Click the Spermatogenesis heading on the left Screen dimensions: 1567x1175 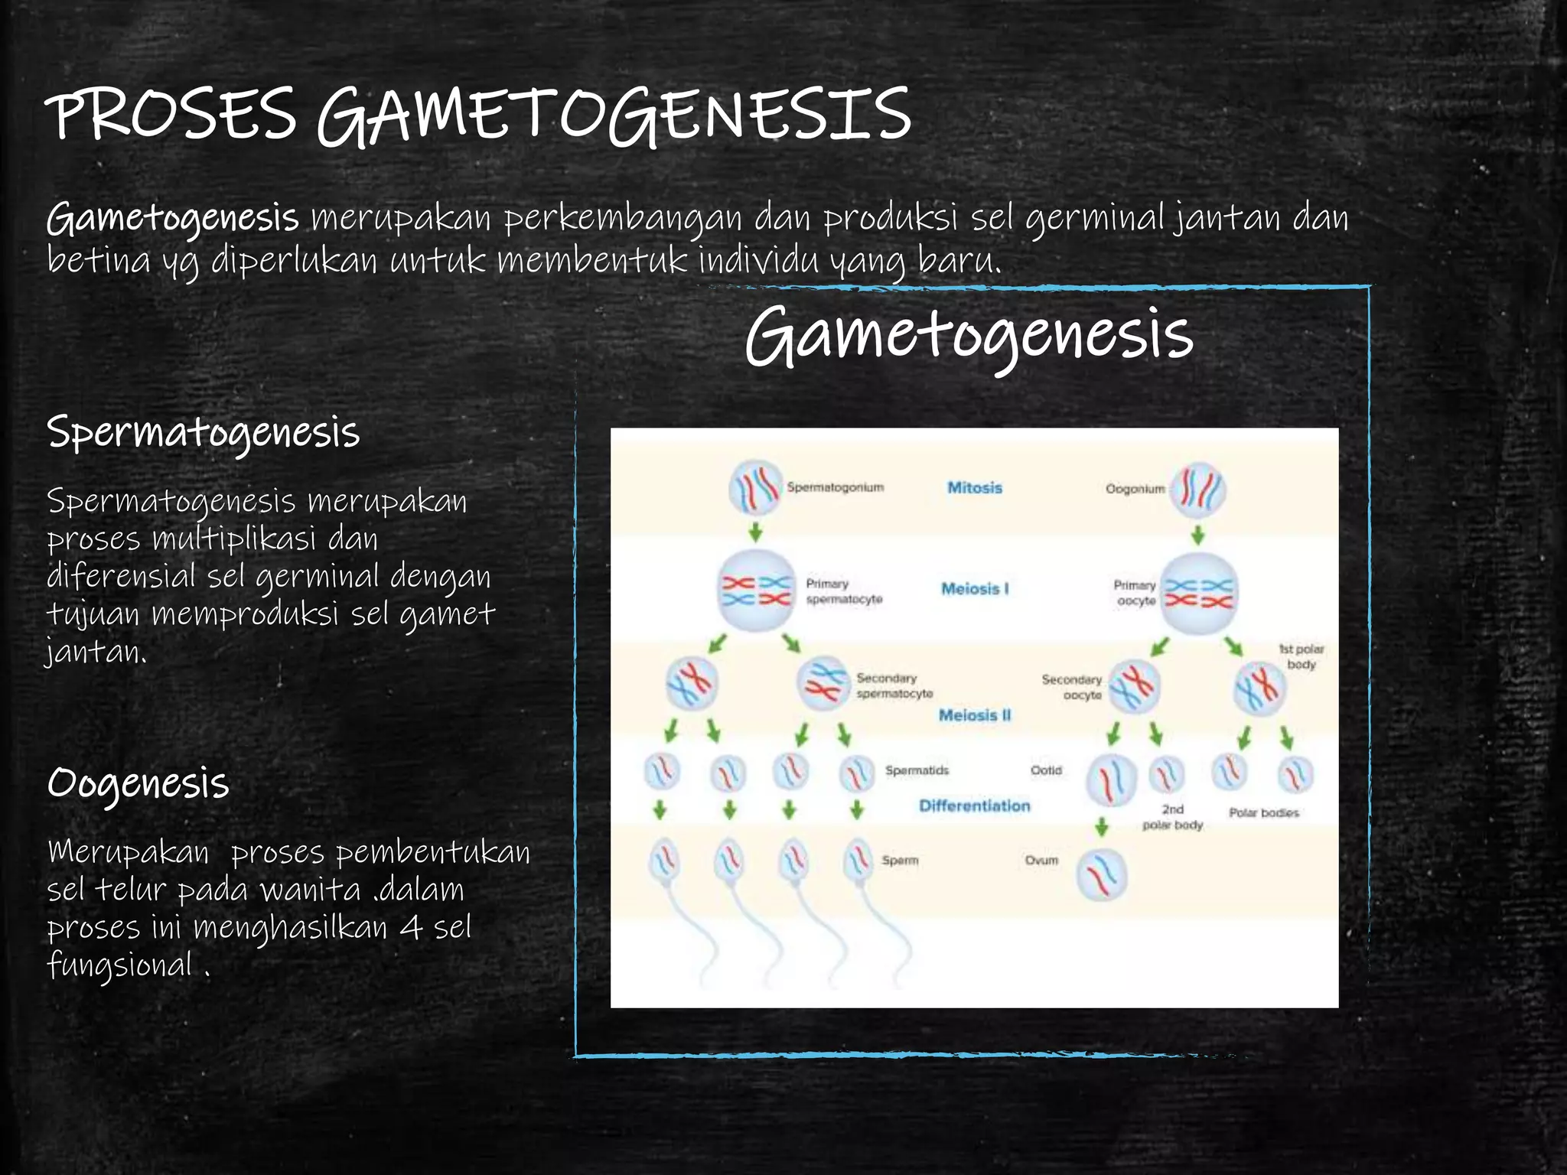[x=203, y=433]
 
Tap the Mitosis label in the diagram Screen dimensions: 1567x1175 [x=974, y=487]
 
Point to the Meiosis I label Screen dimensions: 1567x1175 [x=975, y=588]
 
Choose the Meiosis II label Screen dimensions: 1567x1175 [x=975, y=715]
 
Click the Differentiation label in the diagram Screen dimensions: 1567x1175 [x=974, y=806]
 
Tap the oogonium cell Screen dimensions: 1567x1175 [x=1199, y=490]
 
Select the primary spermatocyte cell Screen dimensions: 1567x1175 [x=756, y=591]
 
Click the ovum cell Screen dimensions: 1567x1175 [x=1102, y=874]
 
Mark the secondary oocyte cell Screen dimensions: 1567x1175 [x=1135, y=686]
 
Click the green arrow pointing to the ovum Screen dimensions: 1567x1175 [x=1101, y=826]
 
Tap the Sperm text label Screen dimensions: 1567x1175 [x=900, y=861]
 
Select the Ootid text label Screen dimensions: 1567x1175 [x=1046, y=770]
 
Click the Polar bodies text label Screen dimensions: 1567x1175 [x=1264, y=812]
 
